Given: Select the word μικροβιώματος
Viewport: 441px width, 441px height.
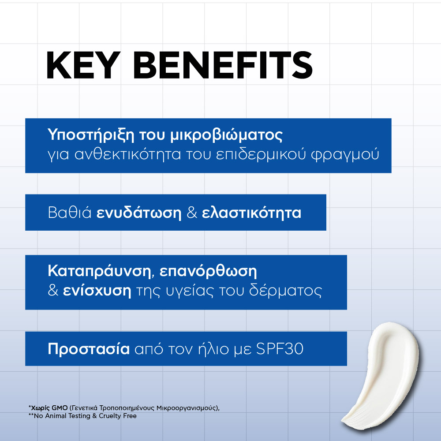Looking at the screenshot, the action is (226, 135).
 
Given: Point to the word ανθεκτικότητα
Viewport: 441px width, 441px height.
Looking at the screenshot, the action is (127, 154).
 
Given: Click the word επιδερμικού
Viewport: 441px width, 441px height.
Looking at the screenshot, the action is (261, 154).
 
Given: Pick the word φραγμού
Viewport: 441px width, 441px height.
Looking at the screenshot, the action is (345, 155).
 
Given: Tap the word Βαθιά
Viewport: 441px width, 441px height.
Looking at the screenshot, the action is (70, 213).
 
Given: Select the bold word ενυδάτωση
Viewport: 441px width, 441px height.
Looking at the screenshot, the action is (139, 213).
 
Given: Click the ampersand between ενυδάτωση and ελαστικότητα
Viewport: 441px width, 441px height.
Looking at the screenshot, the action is (192, 213).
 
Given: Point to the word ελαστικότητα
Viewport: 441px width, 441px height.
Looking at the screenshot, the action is (251, 213).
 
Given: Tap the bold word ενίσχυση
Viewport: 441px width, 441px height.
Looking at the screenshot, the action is (97, 291).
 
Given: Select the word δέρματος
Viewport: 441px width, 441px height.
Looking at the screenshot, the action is (285, 291).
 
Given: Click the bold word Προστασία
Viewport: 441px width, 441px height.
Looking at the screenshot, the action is (89, 349).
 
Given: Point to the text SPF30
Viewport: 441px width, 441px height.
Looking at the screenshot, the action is (280, 349).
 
